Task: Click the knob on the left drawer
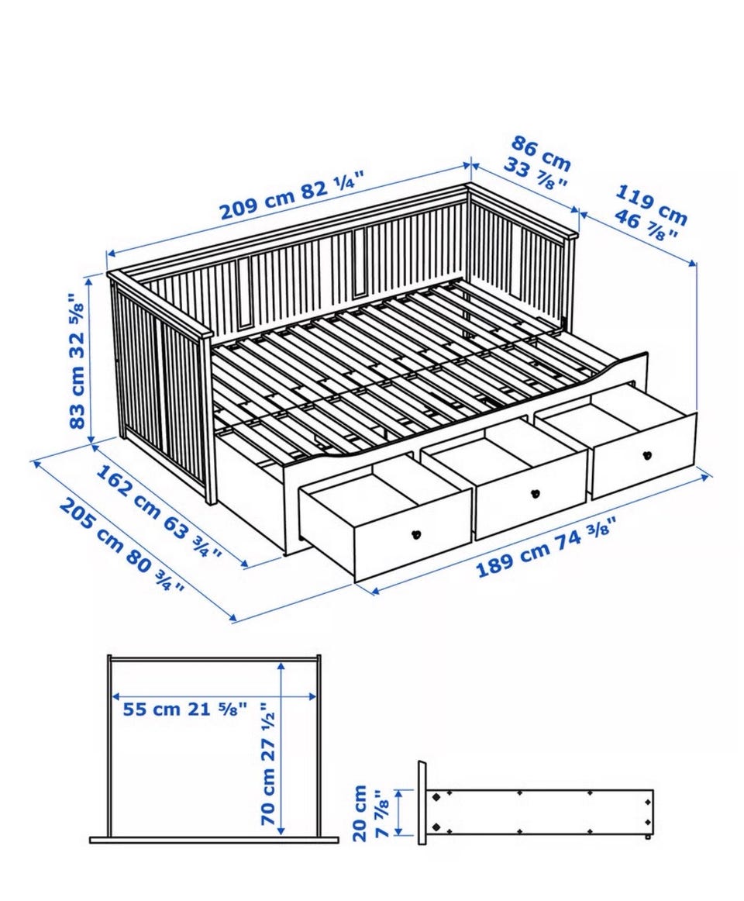point(416,533)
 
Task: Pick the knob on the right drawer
point(647,455)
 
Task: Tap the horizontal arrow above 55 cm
point(214,696)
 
